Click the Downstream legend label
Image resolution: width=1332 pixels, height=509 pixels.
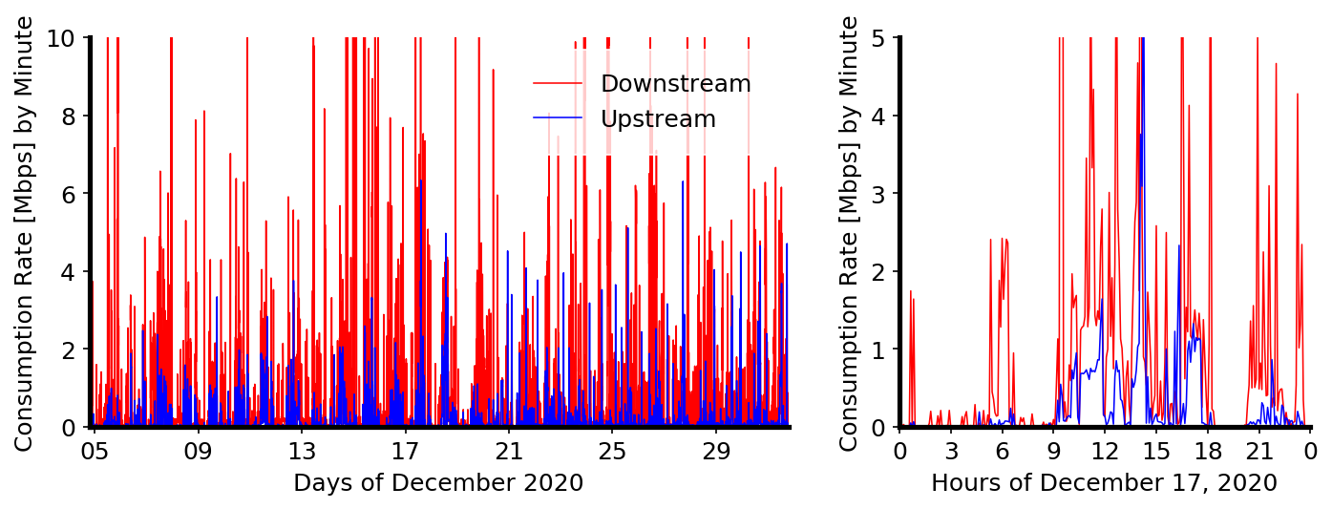click(675, 84)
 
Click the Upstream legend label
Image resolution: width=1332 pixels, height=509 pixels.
click(658, 119)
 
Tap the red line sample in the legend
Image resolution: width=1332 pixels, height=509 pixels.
click(557, 84)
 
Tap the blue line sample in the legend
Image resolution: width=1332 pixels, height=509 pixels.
click(557, 119)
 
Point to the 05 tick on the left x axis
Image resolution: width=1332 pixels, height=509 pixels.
click(95, 451)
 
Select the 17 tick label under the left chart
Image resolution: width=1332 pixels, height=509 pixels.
click(406, 451)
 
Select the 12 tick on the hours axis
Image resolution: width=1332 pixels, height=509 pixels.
click(1106, 451)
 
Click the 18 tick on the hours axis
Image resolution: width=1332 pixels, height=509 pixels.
click(1208, 451)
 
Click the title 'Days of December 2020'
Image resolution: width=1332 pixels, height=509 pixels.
click(438, 483)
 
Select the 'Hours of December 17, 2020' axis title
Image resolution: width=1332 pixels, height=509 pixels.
click(1104, 483)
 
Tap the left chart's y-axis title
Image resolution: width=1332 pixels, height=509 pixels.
click(24, 233)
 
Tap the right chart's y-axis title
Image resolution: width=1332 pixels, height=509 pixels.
click(849, 233)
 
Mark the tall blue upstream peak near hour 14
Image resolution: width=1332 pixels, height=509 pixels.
click(1141, 57)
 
